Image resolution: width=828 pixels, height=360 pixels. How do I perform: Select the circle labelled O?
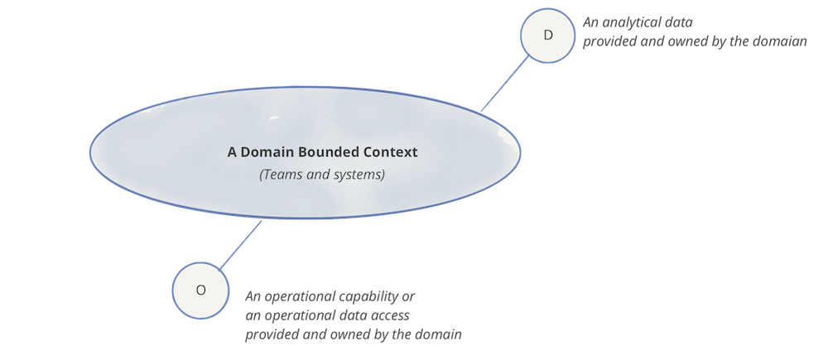coord(200,290)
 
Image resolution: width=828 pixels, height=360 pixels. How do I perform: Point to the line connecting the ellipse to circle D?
coord(505,84)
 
